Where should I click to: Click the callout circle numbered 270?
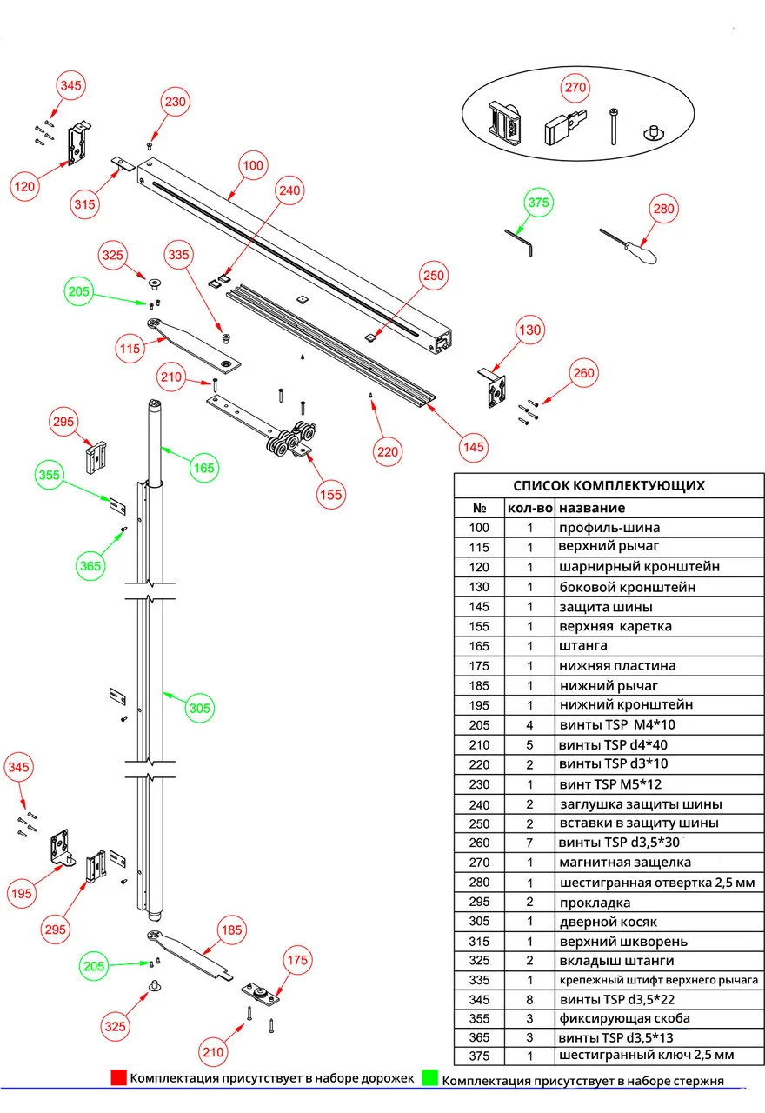click(x=576, y=88)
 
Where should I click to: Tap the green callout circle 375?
click(x=539, y=202)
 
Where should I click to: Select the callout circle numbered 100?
click(x=252, y=165)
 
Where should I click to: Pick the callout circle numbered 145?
click(x=474, y=446)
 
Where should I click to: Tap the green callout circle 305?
click(x=200, y=708)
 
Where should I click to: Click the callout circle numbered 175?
click(x=297, y=959)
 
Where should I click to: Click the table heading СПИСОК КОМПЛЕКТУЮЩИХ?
click(x=609, y=486)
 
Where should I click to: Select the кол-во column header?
click(x=529, y=508)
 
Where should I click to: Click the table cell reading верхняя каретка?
click(x=615, y=626)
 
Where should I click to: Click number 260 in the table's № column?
click(x=479, y=843)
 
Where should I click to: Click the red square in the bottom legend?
click(x=118, y=1078)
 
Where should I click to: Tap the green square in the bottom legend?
click(x=429, y=1078)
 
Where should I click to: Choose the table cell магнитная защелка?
click(x=625, y=862)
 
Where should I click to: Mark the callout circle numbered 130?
click(x=529, y=330)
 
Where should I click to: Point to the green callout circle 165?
click(x=204, y=468)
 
